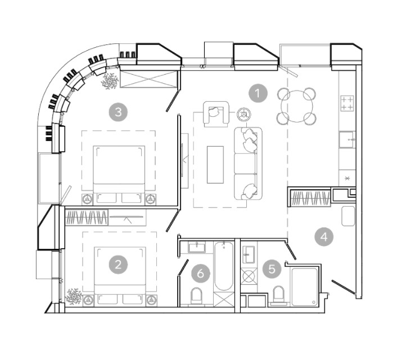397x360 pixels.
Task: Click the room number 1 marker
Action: [258, 93]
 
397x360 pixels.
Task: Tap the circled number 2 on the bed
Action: [118, 265]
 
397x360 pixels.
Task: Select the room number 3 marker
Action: [118, 112]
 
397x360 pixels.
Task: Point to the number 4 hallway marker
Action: [324, 237]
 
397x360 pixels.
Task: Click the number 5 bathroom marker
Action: [272, 269]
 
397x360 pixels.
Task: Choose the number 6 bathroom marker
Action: [201, 274]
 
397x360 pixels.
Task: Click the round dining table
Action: [297, 107]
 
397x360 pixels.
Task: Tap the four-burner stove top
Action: [347, 103]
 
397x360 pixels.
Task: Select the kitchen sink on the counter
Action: [347, 139]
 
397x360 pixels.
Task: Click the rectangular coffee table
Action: [215, 165]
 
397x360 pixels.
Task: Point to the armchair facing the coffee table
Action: [215, 114]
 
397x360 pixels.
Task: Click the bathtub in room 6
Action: [223, 266]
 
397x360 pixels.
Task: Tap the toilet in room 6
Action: [197, 295]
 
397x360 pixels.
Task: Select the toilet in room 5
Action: [279, 294]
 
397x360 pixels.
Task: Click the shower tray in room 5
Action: [305, 287]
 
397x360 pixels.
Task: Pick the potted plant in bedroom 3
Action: [110, 81]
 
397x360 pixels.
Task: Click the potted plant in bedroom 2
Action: [74, 297]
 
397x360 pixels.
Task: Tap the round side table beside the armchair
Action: [244, 115]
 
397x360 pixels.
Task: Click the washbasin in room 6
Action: [197, 247]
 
